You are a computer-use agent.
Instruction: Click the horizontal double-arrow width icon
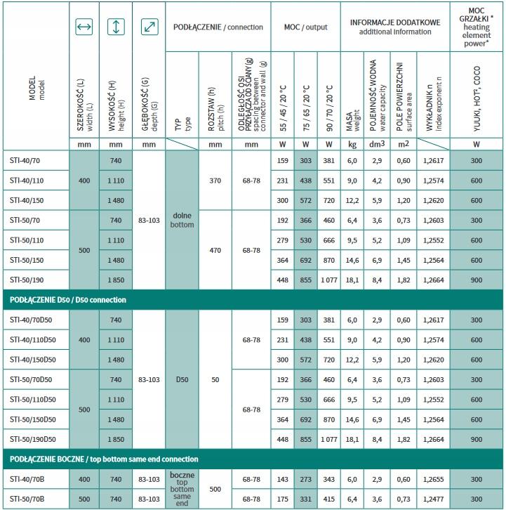[x=84, y=27]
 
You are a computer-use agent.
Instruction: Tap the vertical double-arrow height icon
[x=116, y=27]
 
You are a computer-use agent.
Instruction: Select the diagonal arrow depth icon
[x=149, y=27]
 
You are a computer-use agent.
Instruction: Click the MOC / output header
[x=305, y=27]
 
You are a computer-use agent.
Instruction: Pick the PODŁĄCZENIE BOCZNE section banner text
[x=103, y=459]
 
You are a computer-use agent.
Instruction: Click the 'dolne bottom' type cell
[x=182, y=220]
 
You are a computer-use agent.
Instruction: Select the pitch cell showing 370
[x=215, y=181]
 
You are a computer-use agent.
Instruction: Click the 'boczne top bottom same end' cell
[x=182, y=488]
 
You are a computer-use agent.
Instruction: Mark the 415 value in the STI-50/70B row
[x=329, y=498]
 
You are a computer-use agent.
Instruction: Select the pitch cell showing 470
[x=215, y=249]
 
